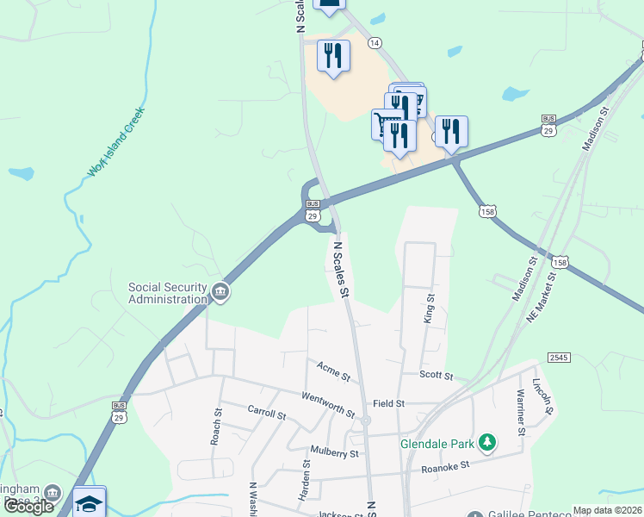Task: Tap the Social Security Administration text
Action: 168,293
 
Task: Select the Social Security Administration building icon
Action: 221,293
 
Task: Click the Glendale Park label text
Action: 438,445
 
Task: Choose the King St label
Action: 429,307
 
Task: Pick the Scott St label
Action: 436,375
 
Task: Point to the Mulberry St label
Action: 336,453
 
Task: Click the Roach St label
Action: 216,428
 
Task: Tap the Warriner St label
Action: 521,412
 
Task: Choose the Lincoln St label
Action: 542,396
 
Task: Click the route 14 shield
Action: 375,42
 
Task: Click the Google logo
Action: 28,506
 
